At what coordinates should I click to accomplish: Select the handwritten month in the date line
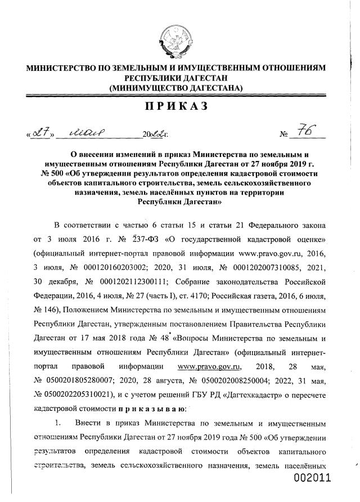91,133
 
